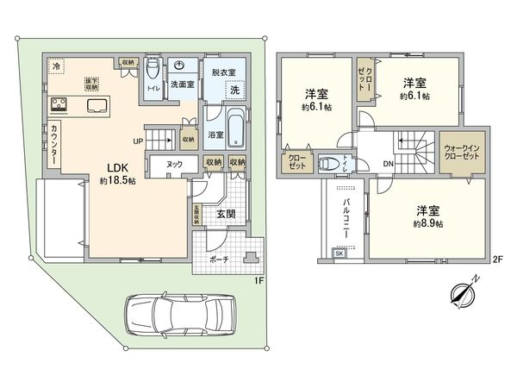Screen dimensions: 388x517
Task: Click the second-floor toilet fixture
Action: point(329,163)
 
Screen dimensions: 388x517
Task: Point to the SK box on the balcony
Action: point(338,253)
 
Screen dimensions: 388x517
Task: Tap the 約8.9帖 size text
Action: point(427,223)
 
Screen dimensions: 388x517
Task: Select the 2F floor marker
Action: point(496,258)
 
